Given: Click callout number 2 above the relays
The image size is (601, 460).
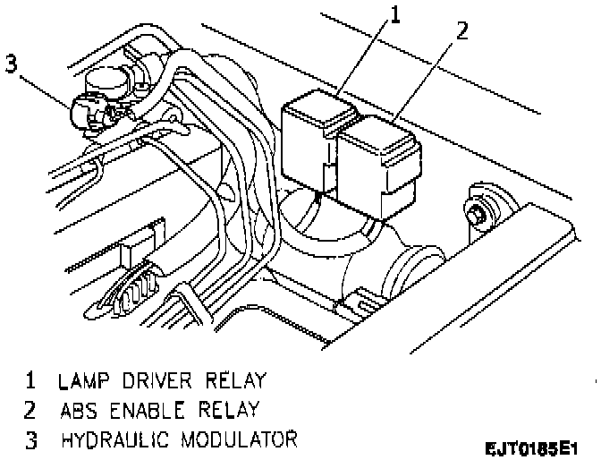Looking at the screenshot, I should (x=461, y=32).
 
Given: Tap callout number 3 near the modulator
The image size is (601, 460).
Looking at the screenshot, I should (x=11, y=64).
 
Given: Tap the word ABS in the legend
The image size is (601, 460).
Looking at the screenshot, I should (x=80, y=410).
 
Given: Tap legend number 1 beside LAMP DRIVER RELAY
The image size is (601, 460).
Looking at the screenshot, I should (x=30, y=380).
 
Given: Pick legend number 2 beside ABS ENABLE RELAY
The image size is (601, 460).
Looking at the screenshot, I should (x=30, y=410).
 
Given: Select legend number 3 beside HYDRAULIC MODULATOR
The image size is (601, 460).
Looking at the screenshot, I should (x=30, y=439).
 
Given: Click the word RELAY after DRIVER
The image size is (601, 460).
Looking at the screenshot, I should (x=237, y=380).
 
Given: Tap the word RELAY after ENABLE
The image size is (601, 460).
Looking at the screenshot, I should (x=230, y=410).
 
